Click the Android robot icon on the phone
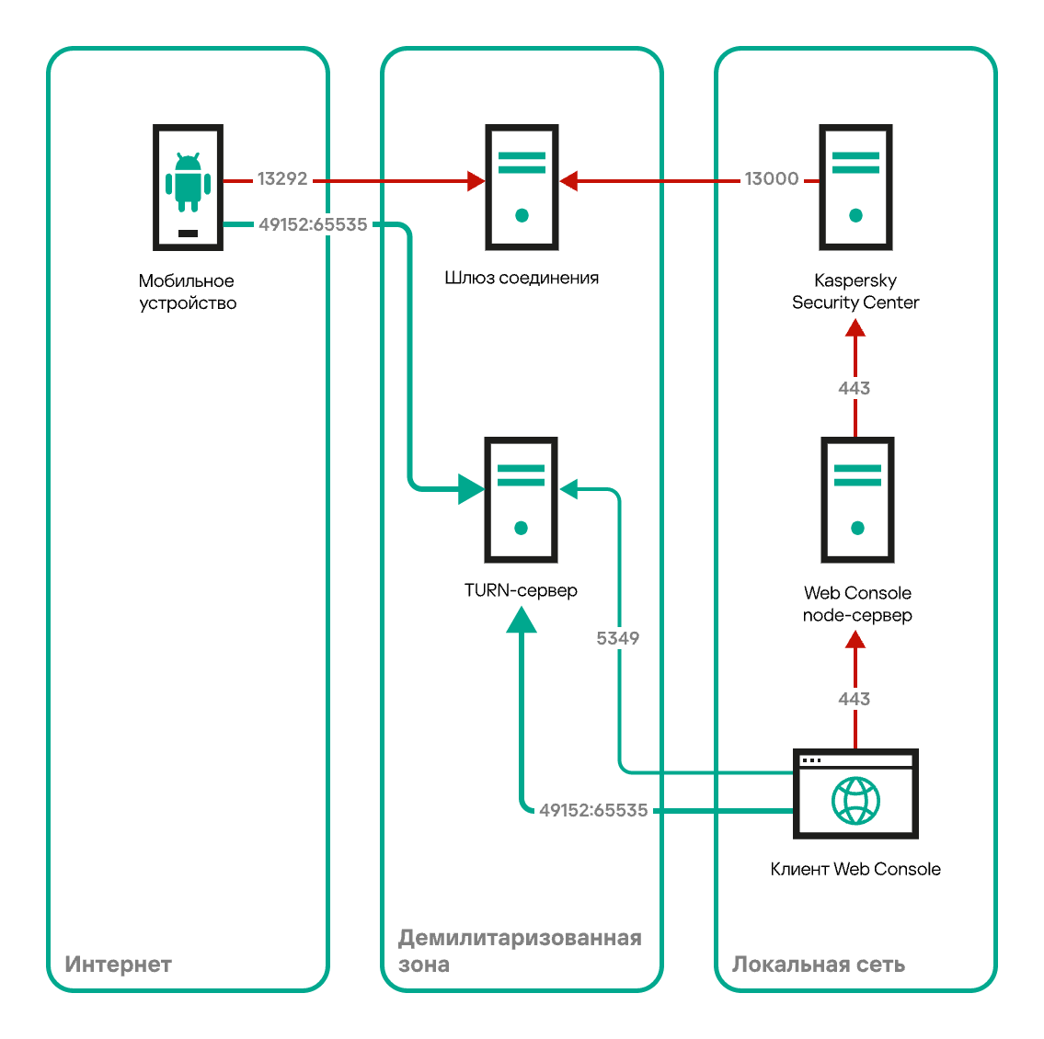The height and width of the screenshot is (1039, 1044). pyautogui.click(x=188, y=182)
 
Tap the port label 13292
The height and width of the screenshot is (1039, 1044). pyautogui.click(x=282, y=178)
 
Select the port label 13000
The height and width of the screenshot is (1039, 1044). pyautogui.click(x=771, y=178)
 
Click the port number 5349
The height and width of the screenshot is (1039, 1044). pyautogui.click(x=618, y=638)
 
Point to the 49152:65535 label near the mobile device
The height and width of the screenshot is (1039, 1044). pyautogui.click(x=313, y=224)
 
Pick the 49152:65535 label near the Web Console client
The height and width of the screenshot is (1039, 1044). pyautogui.click(x=593, y=810)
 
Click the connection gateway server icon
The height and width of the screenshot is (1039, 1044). pyautogui.click(x=522, y=187)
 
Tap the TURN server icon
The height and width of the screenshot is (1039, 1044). pyautogui.click(x=522, y=500)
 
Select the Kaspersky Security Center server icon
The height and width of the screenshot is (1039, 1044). pyautogui.click(x=855, y=187)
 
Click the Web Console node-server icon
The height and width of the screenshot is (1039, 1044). pyautogui.click(x=857, y=500)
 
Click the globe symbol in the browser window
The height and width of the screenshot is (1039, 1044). pyautogui.click(x=855, y=801)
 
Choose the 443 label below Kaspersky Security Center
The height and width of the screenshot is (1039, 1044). pyautogui.click(x=855, y=388)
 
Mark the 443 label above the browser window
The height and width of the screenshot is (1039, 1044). pyautogui.click(x=855, y=699)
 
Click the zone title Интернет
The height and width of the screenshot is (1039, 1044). pyautogui.click(x=119, y=965)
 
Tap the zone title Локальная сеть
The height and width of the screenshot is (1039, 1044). pyautogui.click(x=819, y=965)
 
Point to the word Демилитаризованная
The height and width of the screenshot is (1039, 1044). pyautogui.click(x=520, y=938)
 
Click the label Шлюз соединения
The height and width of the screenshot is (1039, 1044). pyautogui.click(x=522, y=278)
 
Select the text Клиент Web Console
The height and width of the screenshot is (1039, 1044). pyautogui.click(x=855, y=869)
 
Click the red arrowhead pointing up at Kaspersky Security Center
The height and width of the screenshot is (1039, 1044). pyautogui.click(x=855, y=327)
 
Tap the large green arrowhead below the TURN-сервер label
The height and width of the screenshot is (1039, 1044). pyautogui.click(x=522, y=620)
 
